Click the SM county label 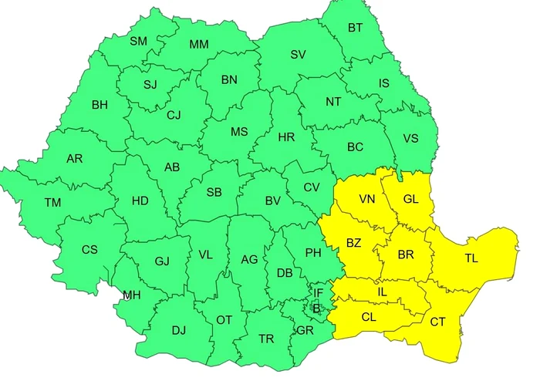[138, 41]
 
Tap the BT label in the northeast [355, 29]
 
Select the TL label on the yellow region [471, 258]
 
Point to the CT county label [437, 322]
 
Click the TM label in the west [52, 203]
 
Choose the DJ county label [179, 330]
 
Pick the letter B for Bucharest [316, 308]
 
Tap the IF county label [318, 293]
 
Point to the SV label [298, 54]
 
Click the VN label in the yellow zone [367, 199]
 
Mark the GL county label [410, 199]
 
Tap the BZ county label [353, 243]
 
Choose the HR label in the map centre [286, 137]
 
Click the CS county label [89, 249]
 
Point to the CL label [369, 316]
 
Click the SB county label [215, 192]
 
